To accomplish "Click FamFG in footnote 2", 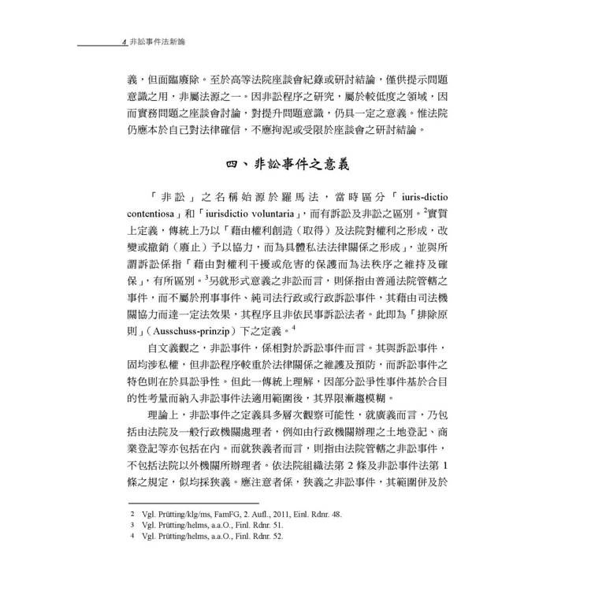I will (227, 513).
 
